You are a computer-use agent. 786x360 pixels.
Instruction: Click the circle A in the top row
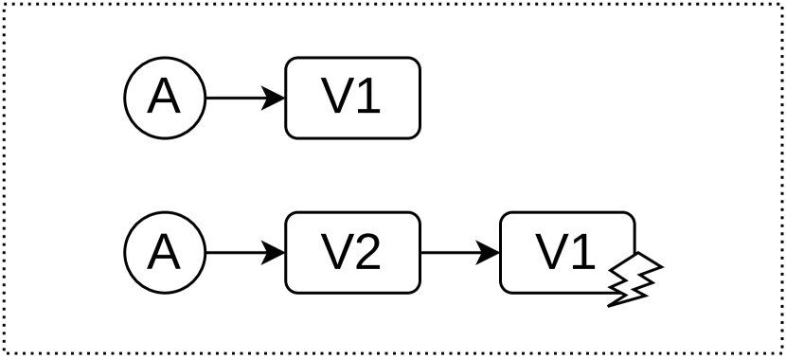coord(165,98)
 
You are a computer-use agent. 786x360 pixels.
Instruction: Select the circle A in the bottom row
coord(165,253)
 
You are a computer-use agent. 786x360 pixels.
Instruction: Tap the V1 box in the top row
coord(352,98)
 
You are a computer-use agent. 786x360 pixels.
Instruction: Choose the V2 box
coord(352,253)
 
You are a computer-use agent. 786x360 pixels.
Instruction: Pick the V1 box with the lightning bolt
coord(566,253)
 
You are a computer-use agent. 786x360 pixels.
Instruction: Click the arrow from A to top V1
coord(244,98)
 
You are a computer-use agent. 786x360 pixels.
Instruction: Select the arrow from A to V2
coord(244,253)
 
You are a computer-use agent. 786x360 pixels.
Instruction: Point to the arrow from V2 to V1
coord(459,253)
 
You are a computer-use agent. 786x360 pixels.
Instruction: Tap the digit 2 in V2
coord(370,253)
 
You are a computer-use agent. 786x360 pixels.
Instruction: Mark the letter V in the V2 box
coord(333,253)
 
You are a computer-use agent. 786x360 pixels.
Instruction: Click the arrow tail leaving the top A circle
coord(210,98)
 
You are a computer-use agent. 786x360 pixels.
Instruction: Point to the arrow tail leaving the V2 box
coord(425,253)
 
